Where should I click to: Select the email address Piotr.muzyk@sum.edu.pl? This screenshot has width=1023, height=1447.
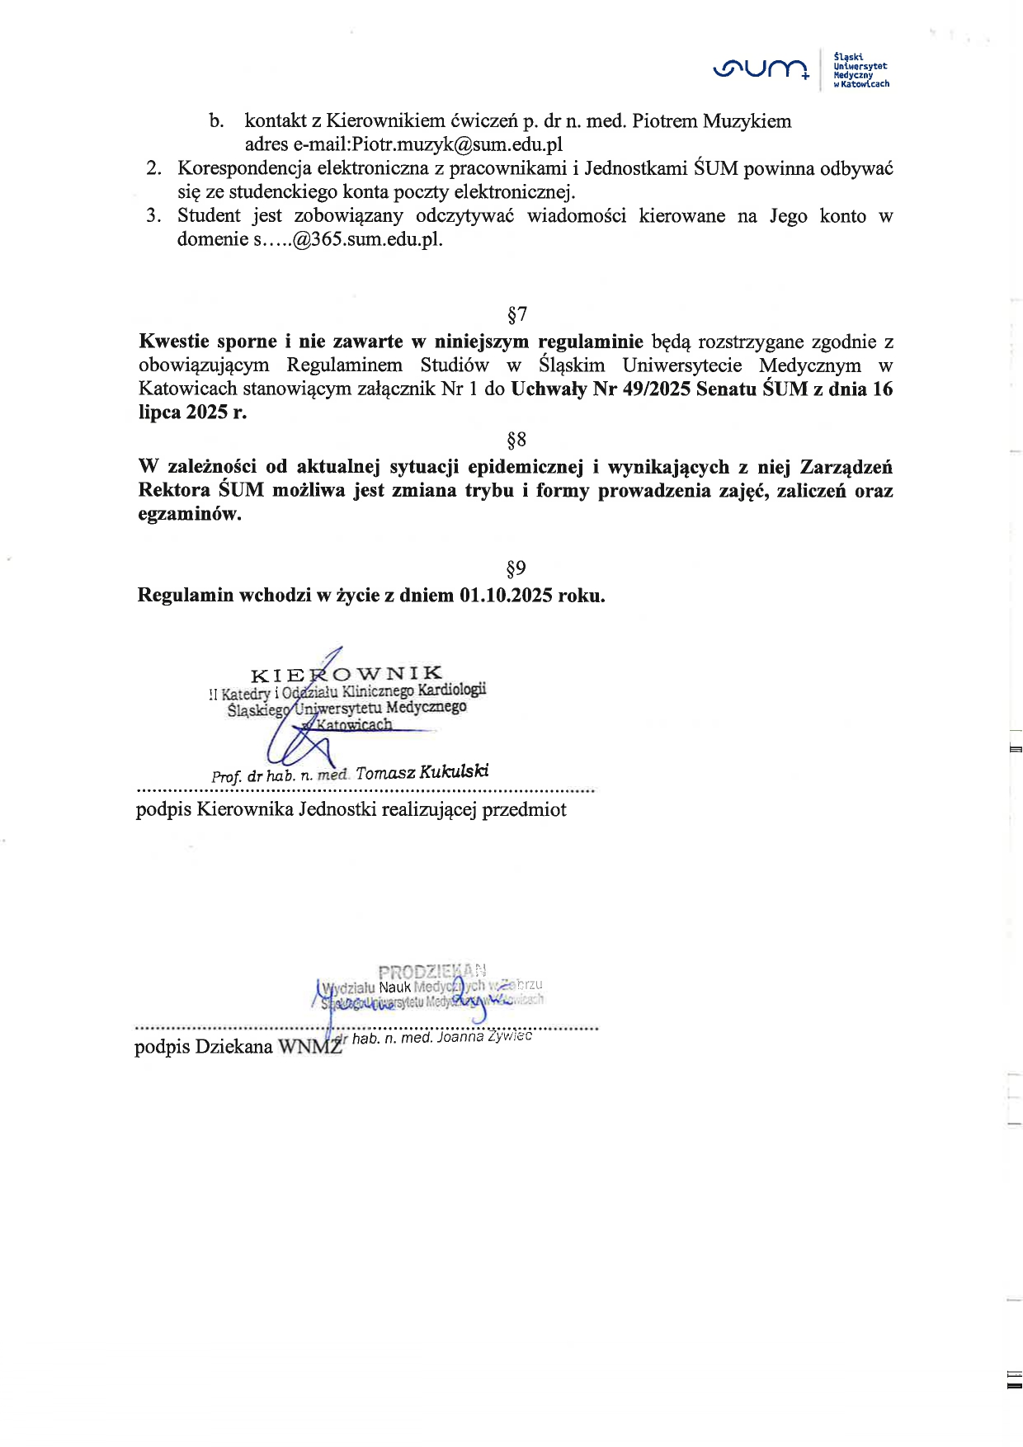[x=457, y=144]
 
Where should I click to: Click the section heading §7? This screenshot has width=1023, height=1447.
[x=516, y=314]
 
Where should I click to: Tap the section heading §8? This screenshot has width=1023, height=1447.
[x=516, y=440]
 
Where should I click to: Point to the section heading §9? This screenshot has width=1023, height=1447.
[x=516, y=568]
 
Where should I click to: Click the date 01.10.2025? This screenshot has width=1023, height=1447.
[x=506, y=596]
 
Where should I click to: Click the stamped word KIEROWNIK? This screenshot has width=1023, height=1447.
[x=346, y=674]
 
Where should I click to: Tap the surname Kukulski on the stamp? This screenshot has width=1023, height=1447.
[x=454, y=772]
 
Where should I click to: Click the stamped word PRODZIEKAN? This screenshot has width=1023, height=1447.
[x=431, y=971]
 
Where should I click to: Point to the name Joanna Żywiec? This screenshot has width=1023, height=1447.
[x=484, y=1036]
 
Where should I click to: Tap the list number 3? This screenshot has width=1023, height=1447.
[x=153, y=216]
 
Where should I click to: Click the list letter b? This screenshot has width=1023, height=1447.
[x=216, y=121]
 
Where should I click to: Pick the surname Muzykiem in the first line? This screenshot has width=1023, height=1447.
[x=747, y=121]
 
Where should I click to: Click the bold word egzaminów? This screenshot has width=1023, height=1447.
[x=189, y=514]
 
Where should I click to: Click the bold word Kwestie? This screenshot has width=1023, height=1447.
[x=173, y=342]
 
